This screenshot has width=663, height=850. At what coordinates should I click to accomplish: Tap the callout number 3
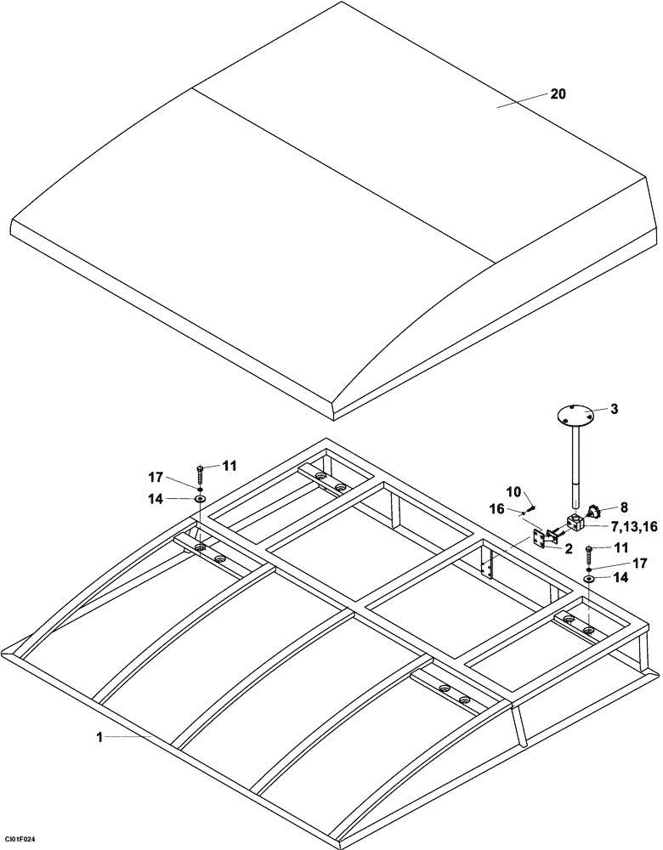(614, 409)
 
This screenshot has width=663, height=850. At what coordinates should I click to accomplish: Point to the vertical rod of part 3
(576, 467)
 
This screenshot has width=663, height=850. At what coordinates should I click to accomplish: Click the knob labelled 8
(594, 512)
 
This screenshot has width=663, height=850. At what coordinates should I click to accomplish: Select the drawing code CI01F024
(20, 840)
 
